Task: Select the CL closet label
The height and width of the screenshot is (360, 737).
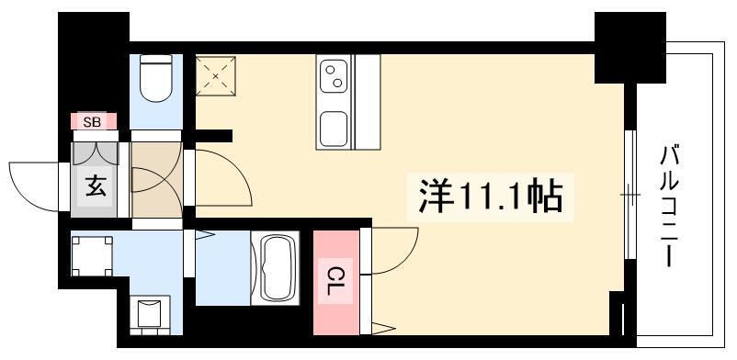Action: [x=334, y=281]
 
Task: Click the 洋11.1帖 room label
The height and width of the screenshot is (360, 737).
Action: [x=490, y=197]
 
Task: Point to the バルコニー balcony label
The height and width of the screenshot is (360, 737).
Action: [x=670, y=207]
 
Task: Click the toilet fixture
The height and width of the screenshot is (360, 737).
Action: [x=156, y=78]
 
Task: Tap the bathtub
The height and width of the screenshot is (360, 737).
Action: [x=275, y=267]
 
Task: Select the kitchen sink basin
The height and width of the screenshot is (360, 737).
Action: [x=334, y=128]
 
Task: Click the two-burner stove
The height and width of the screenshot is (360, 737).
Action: [x=334, y=76]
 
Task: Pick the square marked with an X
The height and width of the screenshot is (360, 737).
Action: [x=216, y=76]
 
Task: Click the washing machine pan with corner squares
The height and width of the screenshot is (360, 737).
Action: [x=92, y=256]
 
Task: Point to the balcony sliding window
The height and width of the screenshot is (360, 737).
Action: [x=630, y=195]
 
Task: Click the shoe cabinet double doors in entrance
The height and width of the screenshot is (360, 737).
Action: [x=96, y=153]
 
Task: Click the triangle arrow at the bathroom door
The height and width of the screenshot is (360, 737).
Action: [x=205, y=234]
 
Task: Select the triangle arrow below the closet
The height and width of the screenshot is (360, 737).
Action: [x=383, y=329]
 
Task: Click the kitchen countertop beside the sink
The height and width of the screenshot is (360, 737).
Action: [x=368, y=102]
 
